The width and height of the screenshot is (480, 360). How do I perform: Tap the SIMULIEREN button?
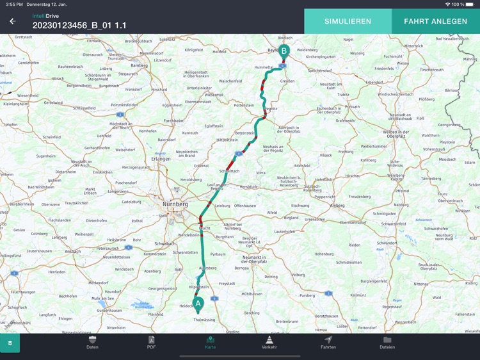[348, 21]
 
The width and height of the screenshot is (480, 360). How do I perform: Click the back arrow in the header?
[12, 21]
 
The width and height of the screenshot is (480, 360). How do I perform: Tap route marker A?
[198, 303]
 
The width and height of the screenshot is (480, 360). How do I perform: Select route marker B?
[284, 51]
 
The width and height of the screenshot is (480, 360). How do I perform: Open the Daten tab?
[93, 342]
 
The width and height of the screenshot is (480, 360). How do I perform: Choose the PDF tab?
[152, 342]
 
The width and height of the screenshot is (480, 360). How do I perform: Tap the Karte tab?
[211, 342]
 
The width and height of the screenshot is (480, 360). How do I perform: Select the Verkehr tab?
[269, 342]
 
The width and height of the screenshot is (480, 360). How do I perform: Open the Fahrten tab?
[328, 342]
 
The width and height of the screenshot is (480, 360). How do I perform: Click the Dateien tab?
[387, 342]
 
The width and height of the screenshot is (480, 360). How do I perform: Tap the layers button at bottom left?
[10, 343]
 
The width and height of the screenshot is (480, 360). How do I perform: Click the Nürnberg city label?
[175, 204]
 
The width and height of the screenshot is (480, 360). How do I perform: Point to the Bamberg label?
[139, 65]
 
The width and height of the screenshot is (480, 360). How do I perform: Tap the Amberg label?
[337, 206]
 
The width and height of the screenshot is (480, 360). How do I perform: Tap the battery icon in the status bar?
[471, 4]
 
